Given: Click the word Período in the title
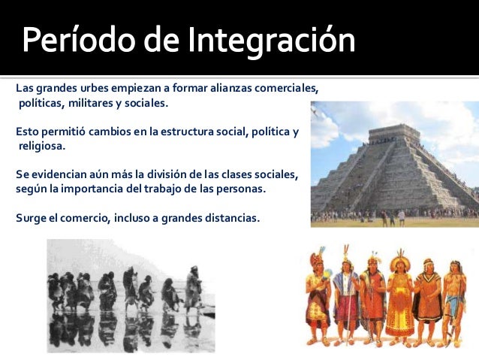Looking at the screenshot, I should tap(71, 41).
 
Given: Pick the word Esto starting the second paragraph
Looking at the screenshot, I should tap(28, 132).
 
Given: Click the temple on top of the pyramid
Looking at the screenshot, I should tap(394, 134).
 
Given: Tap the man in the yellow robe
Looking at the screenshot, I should tap(399, 297).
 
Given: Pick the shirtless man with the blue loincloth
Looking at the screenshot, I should tap(454, 298).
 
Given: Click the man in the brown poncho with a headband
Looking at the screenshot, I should tap(427, 297).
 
